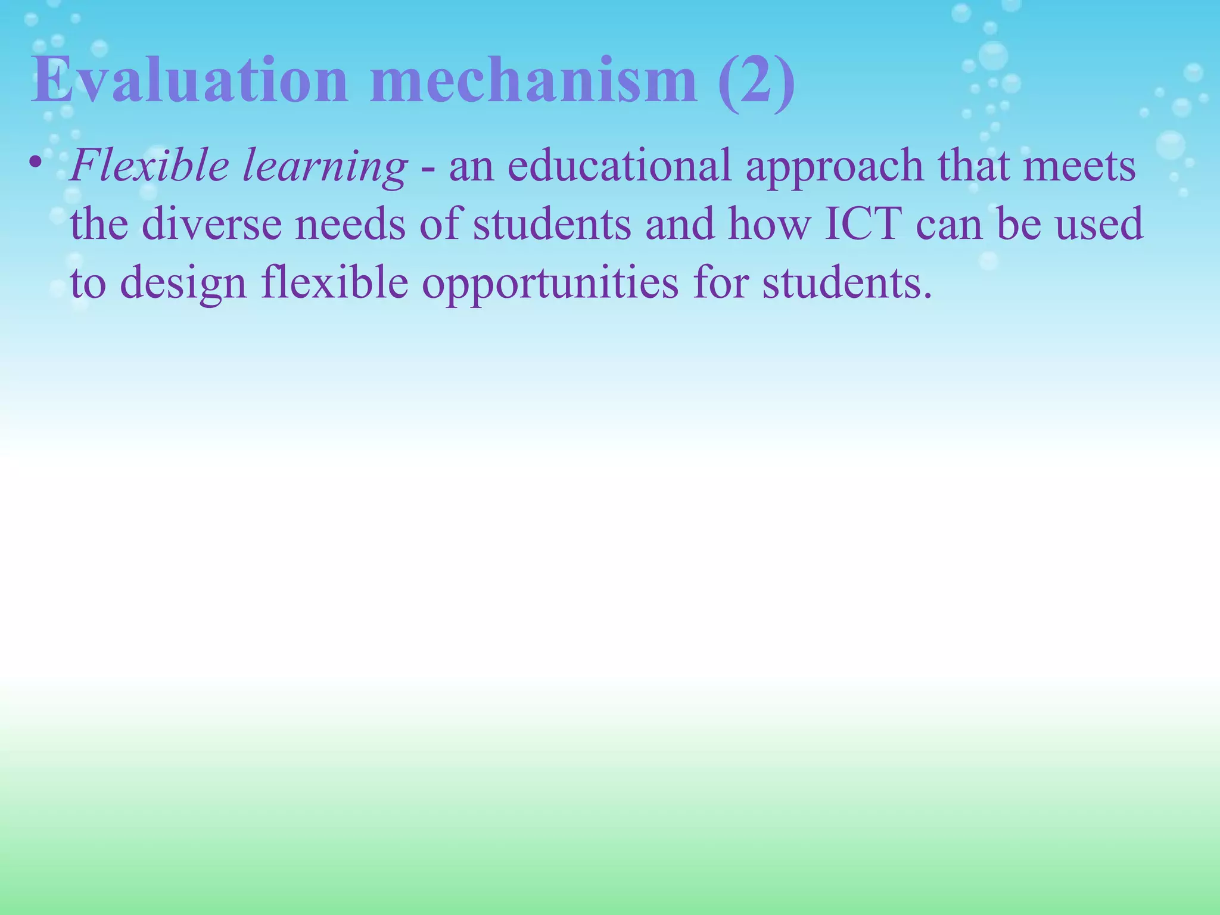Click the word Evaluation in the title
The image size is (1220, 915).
pos(189,81)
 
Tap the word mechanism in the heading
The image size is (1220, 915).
pos(533,81)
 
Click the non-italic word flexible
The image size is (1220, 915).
pos(334,282)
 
